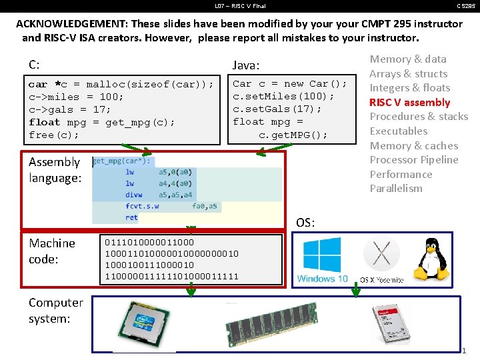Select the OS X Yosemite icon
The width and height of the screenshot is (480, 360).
pos(381,257)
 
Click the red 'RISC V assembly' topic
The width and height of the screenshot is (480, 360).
pos(409,102)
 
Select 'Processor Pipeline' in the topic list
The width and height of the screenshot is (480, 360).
pos(413,159)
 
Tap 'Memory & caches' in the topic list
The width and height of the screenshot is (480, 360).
pos(413,145)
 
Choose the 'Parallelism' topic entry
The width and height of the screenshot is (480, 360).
pos(396,188)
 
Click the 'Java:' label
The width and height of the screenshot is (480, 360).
pos(246,65)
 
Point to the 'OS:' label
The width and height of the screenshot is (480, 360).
pos(305,223)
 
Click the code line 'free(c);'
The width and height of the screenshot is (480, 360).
pos(54,135)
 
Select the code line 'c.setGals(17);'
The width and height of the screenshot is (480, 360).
pos(273,109)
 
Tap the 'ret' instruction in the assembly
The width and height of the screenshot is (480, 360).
pos(131,217)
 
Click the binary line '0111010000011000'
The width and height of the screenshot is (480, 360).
pos(149,243)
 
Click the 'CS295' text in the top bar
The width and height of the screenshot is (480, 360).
pos(465,5)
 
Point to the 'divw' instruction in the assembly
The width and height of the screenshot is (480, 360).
pos(134,195)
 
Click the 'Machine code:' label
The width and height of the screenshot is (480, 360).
pos(52,251)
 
